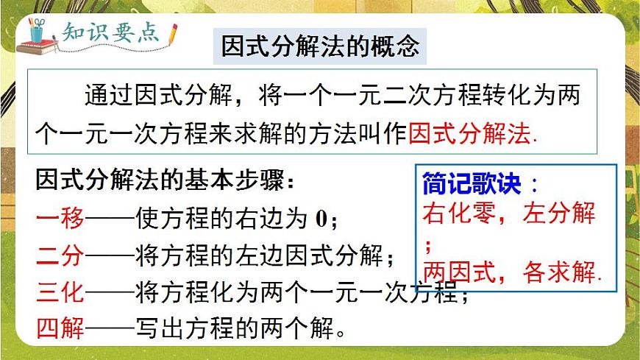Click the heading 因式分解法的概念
tap(321, 46)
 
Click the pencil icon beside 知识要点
tap(173, 33)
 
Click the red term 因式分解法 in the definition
tap(469, 133)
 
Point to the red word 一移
tap(60, 218)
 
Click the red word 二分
tap(60, 257)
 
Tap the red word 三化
tap(60, 294)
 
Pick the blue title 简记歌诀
tap(472, 183)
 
